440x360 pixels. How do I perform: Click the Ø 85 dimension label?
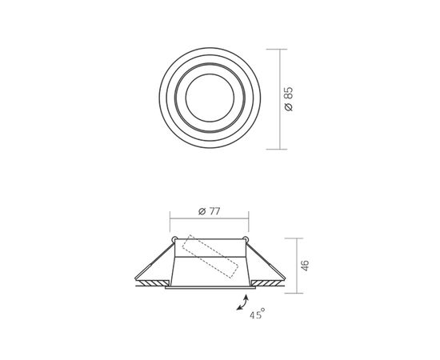289,99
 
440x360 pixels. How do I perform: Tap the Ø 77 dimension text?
210,211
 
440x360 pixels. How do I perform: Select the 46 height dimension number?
305,266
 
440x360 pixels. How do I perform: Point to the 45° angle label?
258,314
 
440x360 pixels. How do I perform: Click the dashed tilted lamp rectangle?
210,257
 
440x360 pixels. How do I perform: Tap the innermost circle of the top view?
210,98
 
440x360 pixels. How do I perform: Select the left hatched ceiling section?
152,283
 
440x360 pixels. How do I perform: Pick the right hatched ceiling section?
268,283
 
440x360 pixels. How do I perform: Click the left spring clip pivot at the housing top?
174,239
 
